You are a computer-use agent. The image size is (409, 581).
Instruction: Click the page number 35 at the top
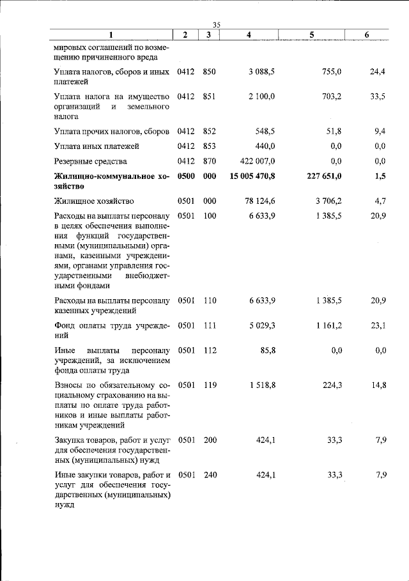[216, 24]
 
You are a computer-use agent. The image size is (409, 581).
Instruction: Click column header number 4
[248, 35]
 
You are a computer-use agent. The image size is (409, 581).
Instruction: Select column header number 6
[367, 35]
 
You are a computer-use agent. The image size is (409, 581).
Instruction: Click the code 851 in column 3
[209, 97]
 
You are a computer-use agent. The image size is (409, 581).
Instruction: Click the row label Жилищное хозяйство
[93, 201]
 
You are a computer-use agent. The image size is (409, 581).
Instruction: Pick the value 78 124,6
[260, 201]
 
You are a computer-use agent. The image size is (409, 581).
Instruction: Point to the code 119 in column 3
[209, 385]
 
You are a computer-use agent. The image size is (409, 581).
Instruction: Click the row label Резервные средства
[90, 161]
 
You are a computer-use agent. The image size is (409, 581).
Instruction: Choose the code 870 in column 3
[209, 161]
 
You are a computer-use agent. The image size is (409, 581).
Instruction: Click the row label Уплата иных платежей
[96, 146]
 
